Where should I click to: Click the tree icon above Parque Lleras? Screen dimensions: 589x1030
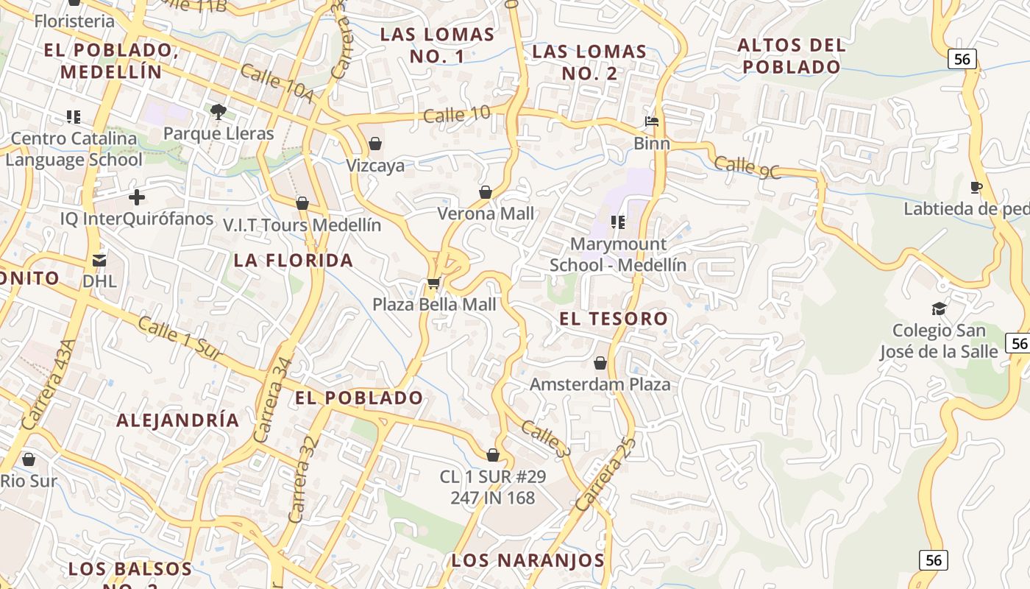click(218, 112)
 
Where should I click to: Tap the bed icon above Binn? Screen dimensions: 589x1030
click(652, 121)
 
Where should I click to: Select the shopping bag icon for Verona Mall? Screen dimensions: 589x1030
click(486, 192)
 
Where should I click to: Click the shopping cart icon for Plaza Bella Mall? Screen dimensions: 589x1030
click(433, 283)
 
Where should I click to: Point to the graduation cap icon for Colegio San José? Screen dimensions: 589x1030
click(939, 308)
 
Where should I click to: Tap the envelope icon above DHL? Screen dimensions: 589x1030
click(99, 260)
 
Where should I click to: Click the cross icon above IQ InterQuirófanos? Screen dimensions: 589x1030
click(137, 197)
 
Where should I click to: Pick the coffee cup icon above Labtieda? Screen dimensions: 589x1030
click(976, 187)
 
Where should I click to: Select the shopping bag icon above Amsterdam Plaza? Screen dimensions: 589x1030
click(600, 363)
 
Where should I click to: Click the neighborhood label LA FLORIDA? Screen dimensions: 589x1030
click(294, 260)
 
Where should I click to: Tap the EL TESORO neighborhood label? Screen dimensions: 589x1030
click(614, 319)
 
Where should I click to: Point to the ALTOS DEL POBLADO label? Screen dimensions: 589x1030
click(792, 56)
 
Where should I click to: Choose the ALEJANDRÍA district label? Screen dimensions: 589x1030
click(178, 420)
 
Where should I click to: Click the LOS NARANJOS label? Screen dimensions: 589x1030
click(528, 560)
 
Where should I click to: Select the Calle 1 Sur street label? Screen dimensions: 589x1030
click(179, 338)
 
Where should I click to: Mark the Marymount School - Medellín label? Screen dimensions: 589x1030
click(618, 254)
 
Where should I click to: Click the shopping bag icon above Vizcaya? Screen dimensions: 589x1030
click(375, 144)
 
